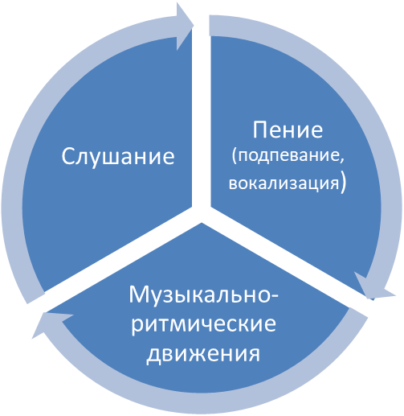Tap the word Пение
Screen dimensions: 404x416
click(288, 130)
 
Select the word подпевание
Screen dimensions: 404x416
click(288, 155)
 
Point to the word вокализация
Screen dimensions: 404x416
click(284, 183)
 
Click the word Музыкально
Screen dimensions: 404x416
click(200, 295)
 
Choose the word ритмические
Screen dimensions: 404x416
click(203, 324)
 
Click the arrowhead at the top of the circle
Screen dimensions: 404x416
click(185, 27)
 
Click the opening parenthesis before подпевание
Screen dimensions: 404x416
click(235, 156)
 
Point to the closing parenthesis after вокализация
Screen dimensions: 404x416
click(343, 184)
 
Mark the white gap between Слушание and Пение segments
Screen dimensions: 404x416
click(202, 118)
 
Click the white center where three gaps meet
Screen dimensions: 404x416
click(202, 213)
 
